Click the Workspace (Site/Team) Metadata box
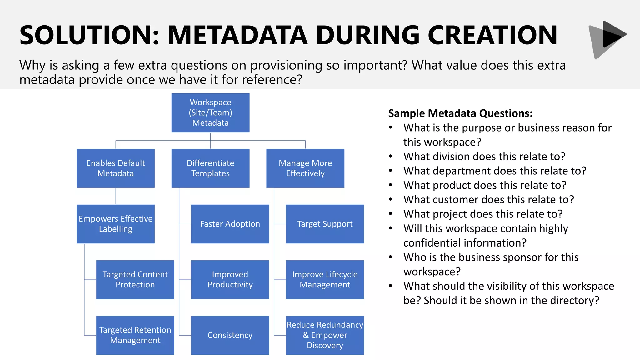pos(210,112)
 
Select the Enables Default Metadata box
pos(116,168)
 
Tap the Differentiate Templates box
pos(210,168)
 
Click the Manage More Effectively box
pos(305,168)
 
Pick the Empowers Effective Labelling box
pos(116,224)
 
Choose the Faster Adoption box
pos(230,224)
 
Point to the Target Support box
pos(325,224)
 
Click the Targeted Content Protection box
pos(135,279)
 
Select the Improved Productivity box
pos(230,279)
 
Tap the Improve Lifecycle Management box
pos(325,279)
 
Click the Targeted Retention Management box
pos(135,335)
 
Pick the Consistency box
pos(230,335)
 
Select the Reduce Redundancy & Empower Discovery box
pos(325,335)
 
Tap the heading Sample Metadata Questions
pos(460,113)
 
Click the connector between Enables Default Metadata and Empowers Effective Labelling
pos(116,196)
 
